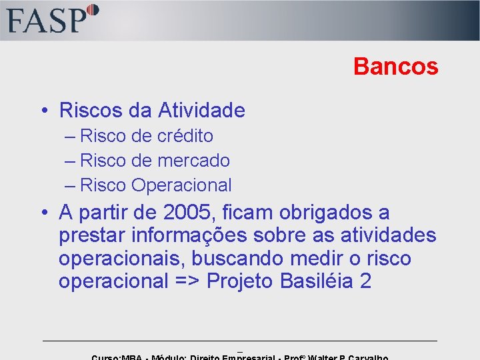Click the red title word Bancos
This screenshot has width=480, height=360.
click(395, 67)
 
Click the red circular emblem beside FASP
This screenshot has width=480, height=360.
click(93, 10)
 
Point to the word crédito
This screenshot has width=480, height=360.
click(185, 136)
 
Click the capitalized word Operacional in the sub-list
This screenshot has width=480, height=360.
click(181, 185)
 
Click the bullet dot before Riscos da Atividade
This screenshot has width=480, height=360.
click(43, 111)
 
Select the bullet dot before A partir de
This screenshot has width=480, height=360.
click(43, 214)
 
